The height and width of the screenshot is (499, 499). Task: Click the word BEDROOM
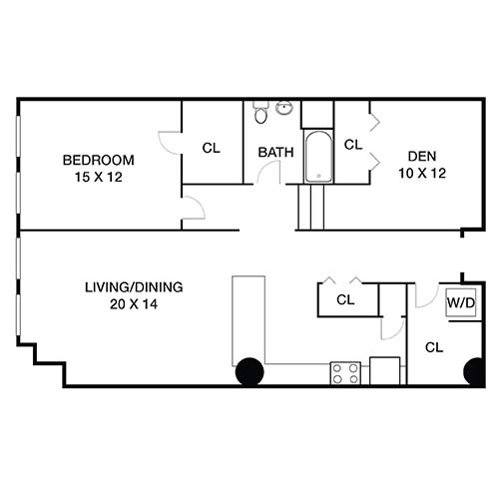point(98,160)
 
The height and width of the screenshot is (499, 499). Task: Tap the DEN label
point(419,156)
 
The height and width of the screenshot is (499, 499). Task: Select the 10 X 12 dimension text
point(419,172)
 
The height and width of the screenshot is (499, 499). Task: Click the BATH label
point(274,153)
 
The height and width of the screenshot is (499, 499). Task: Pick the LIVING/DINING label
point(134,287)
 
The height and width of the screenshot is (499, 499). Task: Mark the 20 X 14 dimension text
point(134,303)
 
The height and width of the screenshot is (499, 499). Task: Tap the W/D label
point(460,301)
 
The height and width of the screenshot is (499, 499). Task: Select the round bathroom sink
point(283,108)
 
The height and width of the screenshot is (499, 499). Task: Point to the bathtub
point(317,157)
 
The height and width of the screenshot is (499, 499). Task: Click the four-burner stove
point(345,373)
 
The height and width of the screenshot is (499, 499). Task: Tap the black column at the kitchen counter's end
point(249,371)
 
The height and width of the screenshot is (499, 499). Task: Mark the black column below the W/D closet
point(475,371)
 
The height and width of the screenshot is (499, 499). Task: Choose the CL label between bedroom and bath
point(211,149)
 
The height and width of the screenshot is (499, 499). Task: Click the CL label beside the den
point(352,144)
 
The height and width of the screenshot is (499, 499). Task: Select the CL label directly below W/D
point(434,347)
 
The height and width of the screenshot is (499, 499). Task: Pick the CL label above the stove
point(345,299)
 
